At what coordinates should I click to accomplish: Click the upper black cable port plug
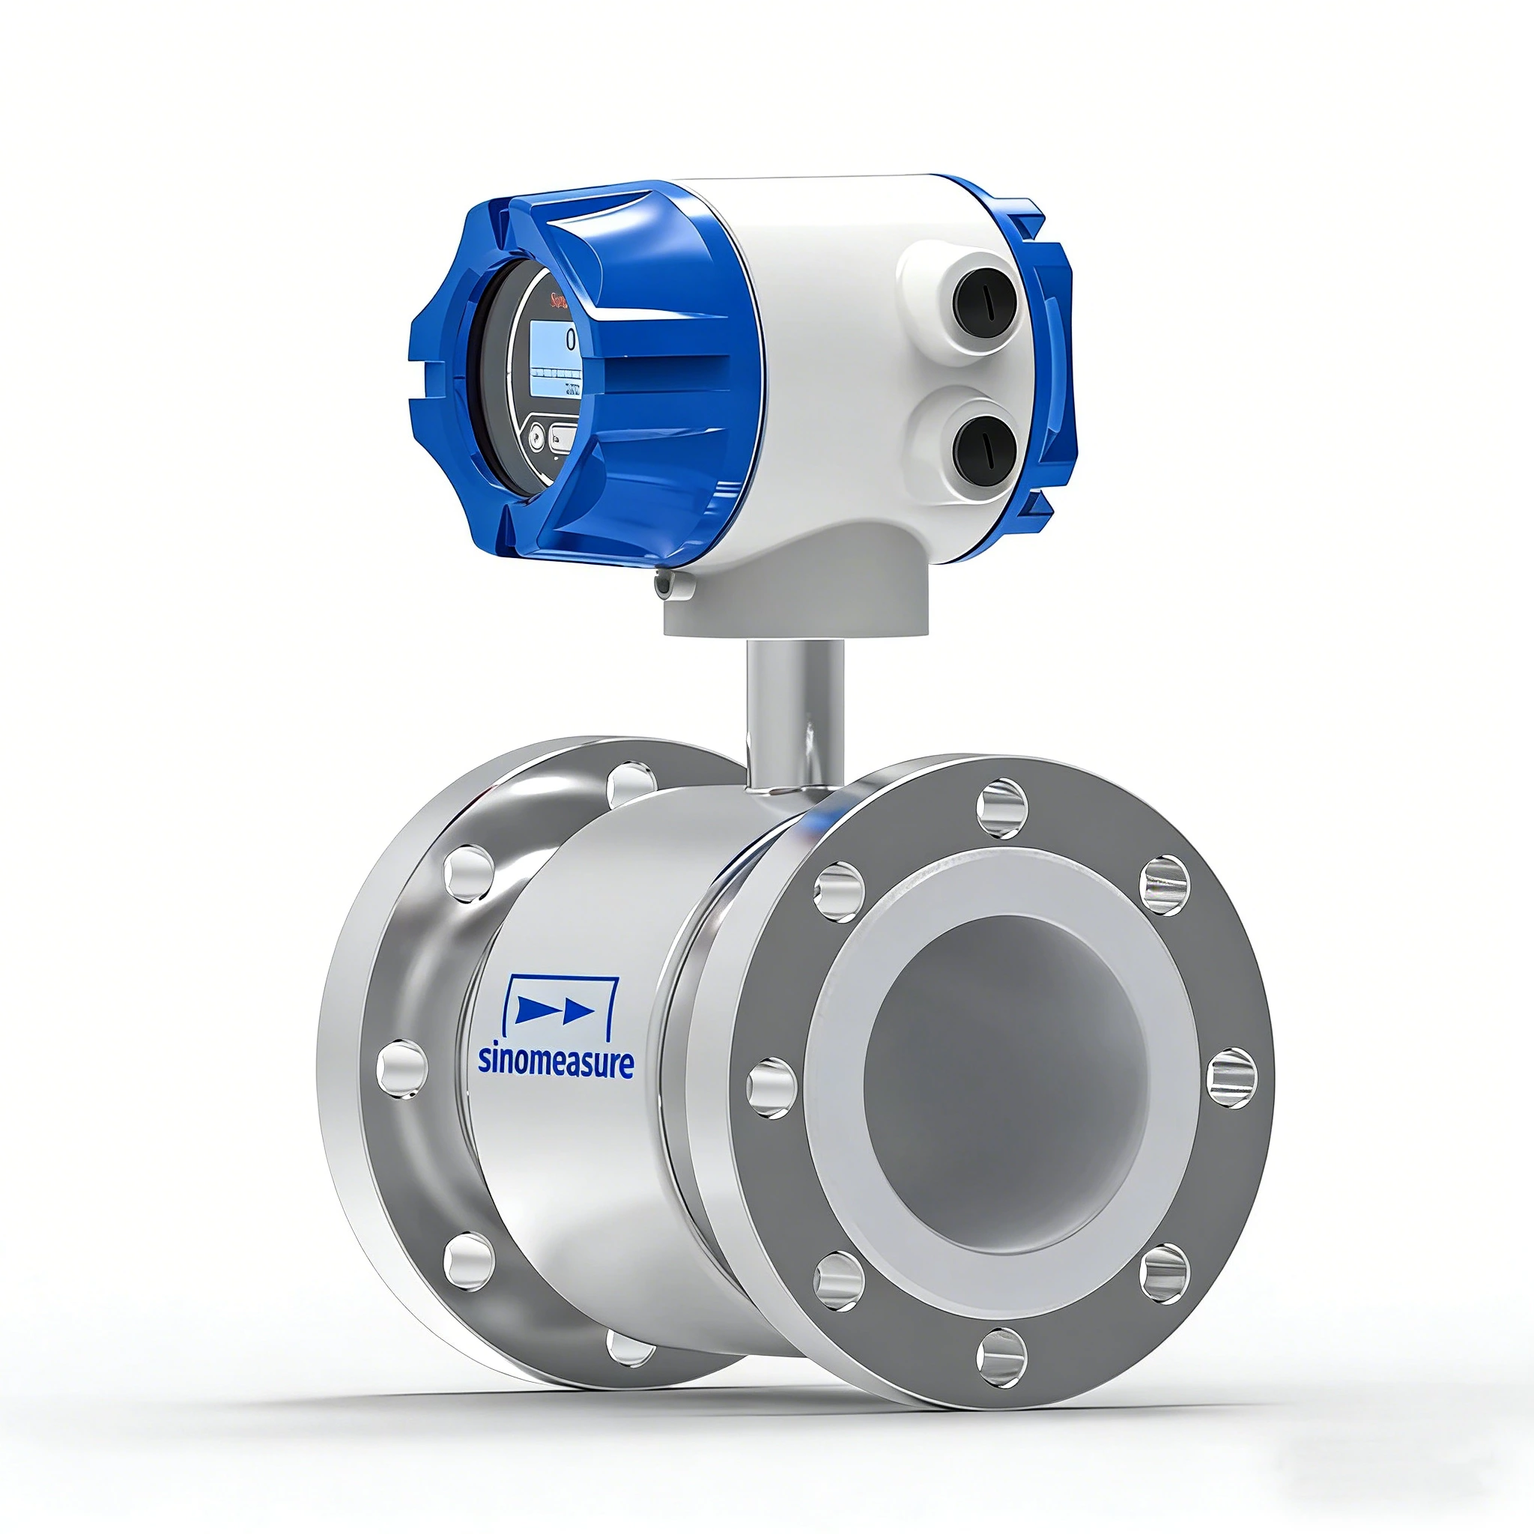pos(983,305)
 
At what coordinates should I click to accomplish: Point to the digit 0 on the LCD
pos(570,340)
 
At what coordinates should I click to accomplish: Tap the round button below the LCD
pos(537,436)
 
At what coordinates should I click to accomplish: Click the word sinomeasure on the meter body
pos(555,1062)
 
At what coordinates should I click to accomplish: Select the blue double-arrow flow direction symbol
pos(555,1010)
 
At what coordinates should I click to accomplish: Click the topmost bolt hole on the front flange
pos(1003,808)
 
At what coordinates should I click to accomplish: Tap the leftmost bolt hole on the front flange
pos(771,1088)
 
